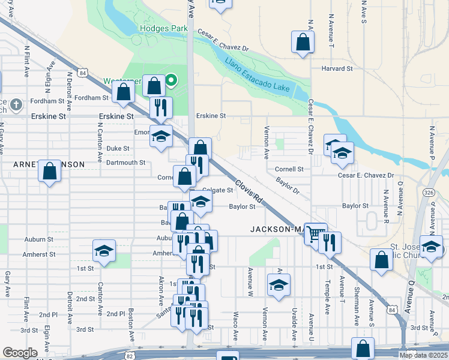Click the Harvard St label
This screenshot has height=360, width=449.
click(336, 69)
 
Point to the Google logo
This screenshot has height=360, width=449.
click(20, 353)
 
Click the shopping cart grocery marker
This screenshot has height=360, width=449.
click(315, 232)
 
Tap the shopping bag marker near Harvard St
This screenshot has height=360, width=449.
click(303, 42)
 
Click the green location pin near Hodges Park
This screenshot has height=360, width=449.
click(171, 79)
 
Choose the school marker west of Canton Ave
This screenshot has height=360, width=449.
click(104, 250)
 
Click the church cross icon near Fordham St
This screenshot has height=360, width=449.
click(17, 103)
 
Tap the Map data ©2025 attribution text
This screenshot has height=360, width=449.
click(423, 355)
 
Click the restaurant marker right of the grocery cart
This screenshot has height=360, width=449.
click(330, 241)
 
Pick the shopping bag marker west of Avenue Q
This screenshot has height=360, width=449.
click(381, 259)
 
